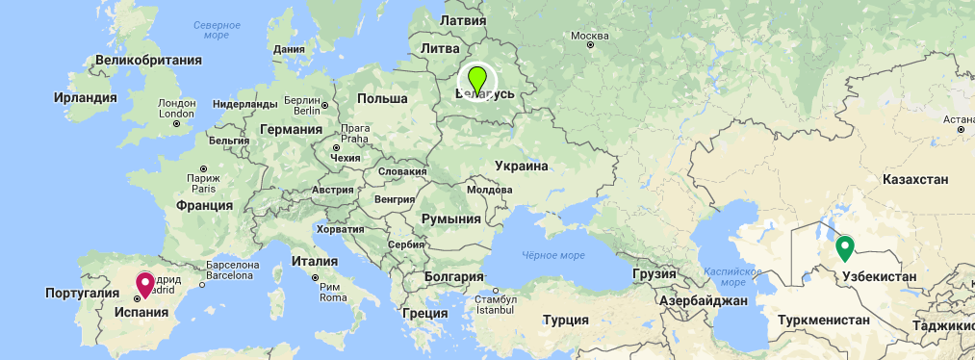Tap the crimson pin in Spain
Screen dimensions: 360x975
145,284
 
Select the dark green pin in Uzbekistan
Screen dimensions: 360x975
844,247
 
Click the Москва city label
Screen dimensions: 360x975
591,37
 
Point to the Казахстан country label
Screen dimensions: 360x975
915,180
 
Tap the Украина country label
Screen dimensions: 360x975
521,166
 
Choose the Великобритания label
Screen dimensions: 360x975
148,60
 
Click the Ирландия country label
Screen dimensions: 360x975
85,97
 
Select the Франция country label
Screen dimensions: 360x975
204,205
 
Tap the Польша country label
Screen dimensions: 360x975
382,99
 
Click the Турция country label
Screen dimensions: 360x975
565,321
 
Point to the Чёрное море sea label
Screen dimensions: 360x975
553,255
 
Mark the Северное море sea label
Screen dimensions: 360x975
218,29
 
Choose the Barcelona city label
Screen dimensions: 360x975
226,274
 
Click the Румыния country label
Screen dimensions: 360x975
450,219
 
